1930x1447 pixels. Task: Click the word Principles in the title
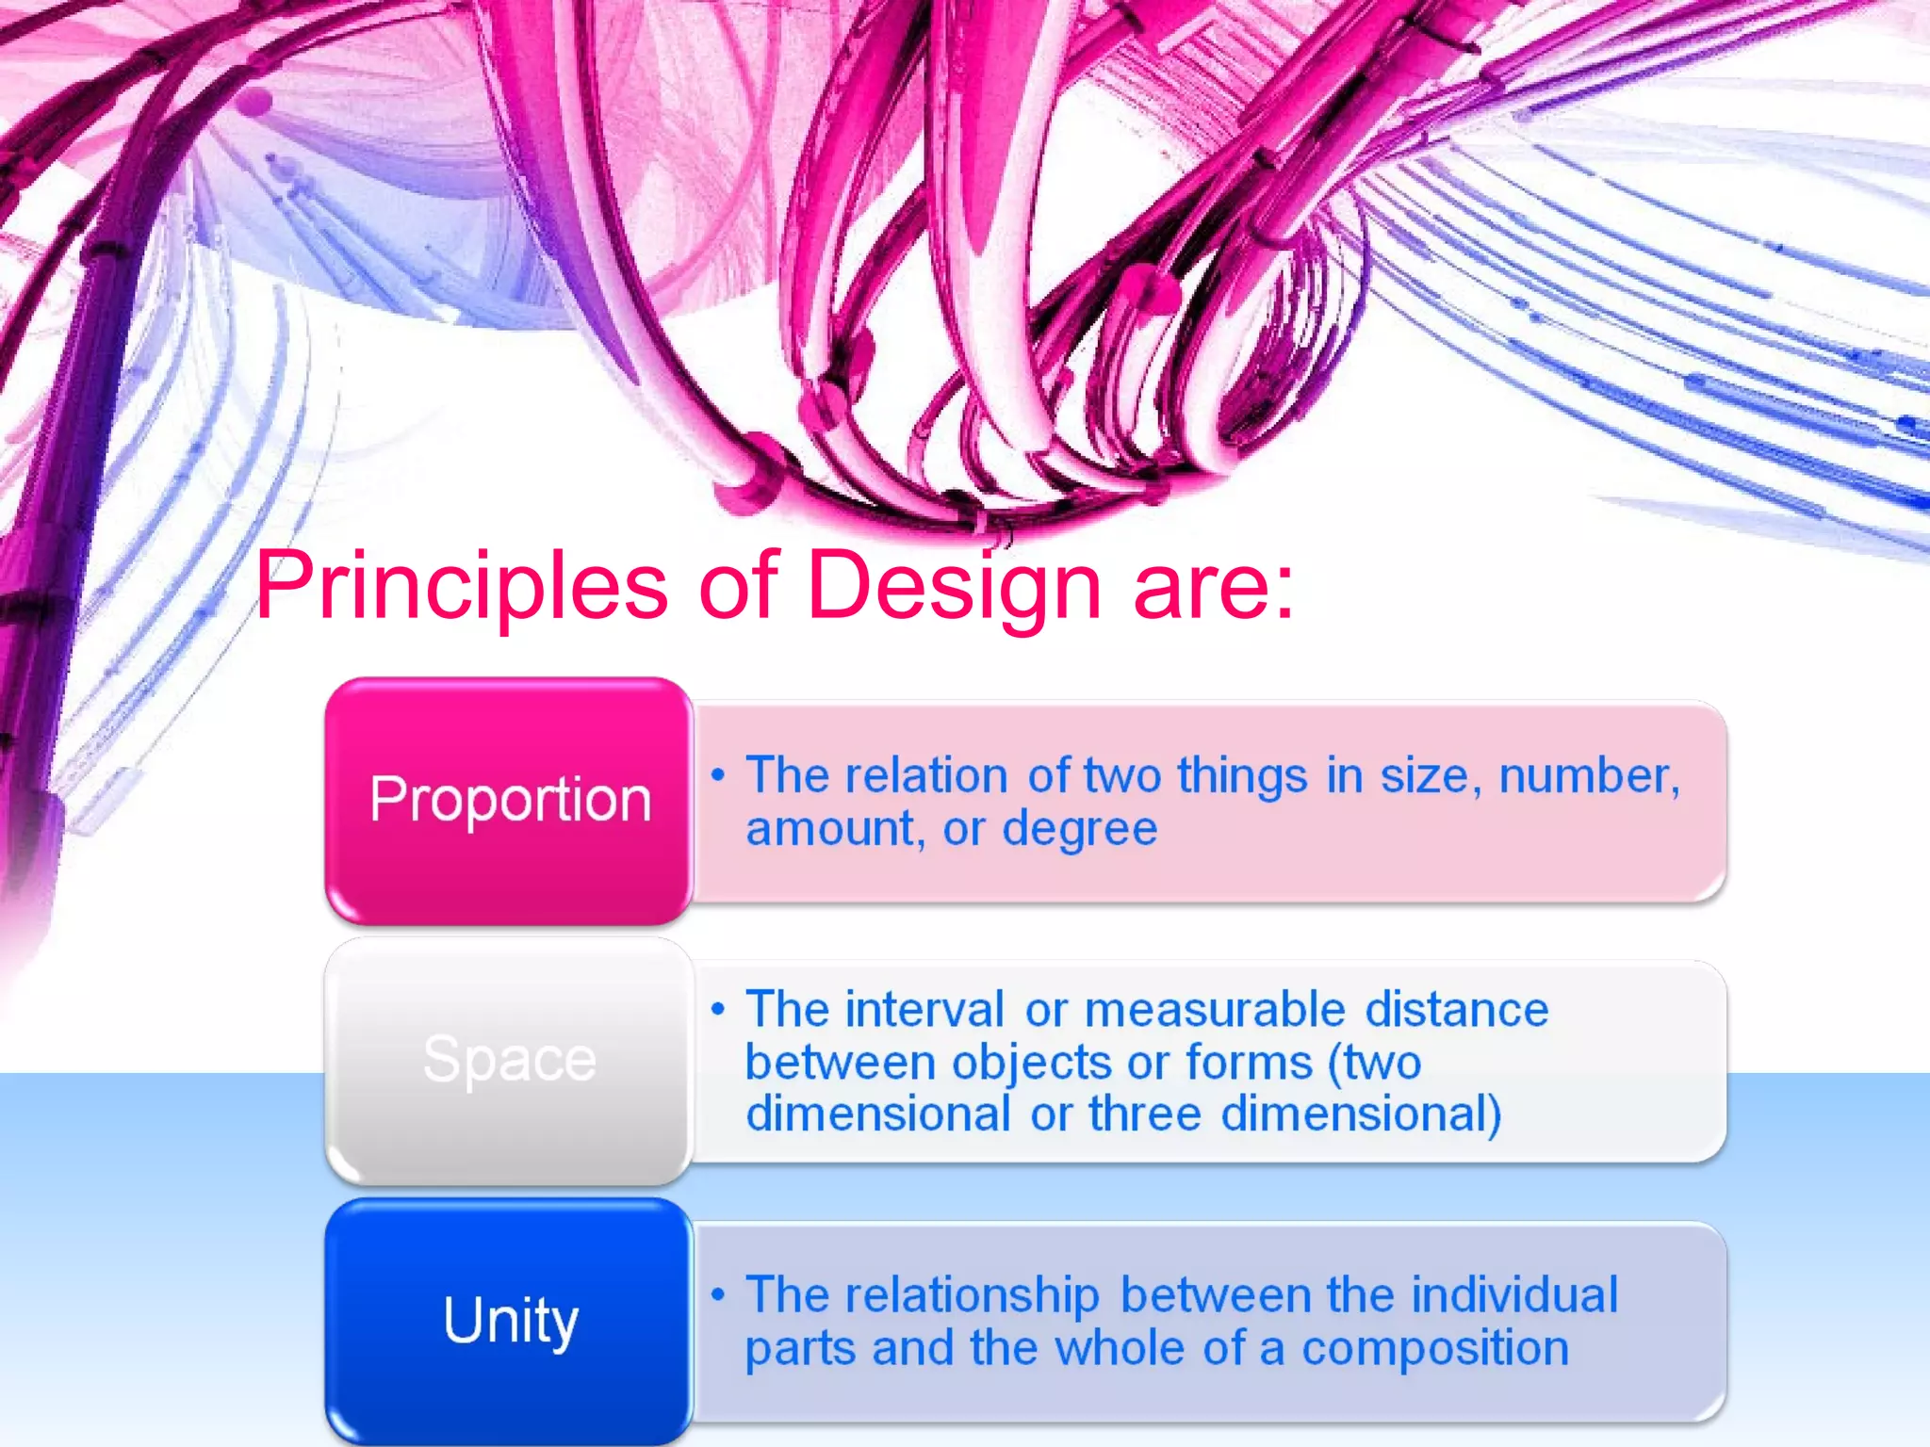462,586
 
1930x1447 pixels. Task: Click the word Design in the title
954,586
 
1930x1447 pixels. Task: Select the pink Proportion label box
509,800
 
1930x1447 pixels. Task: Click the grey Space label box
509,1060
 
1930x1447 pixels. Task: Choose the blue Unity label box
509,1320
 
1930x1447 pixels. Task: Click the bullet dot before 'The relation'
719,775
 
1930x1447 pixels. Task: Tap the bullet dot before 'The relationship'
719,1294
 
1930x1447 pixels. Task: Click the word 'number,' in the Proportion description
1589,776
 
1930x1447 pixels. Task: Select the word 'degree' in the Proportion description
1079,830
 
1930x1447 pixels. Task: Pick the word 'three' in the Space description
1145,1114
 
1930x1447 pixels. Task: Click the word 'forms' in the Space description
1249,1063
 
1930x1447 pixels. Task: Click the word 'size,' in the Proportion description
1425,776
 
